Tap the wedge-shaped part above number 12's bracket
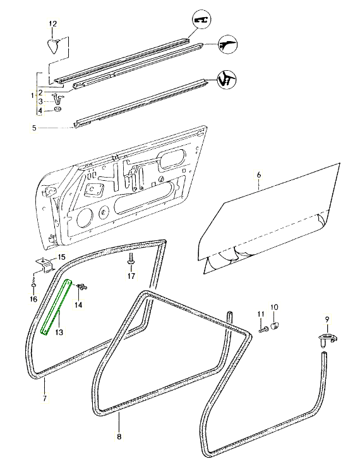54,45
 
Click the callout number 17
131,276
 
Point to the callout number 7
44,399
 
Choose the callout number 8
119,436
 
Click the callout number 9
327,318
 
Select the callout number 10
274,307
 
